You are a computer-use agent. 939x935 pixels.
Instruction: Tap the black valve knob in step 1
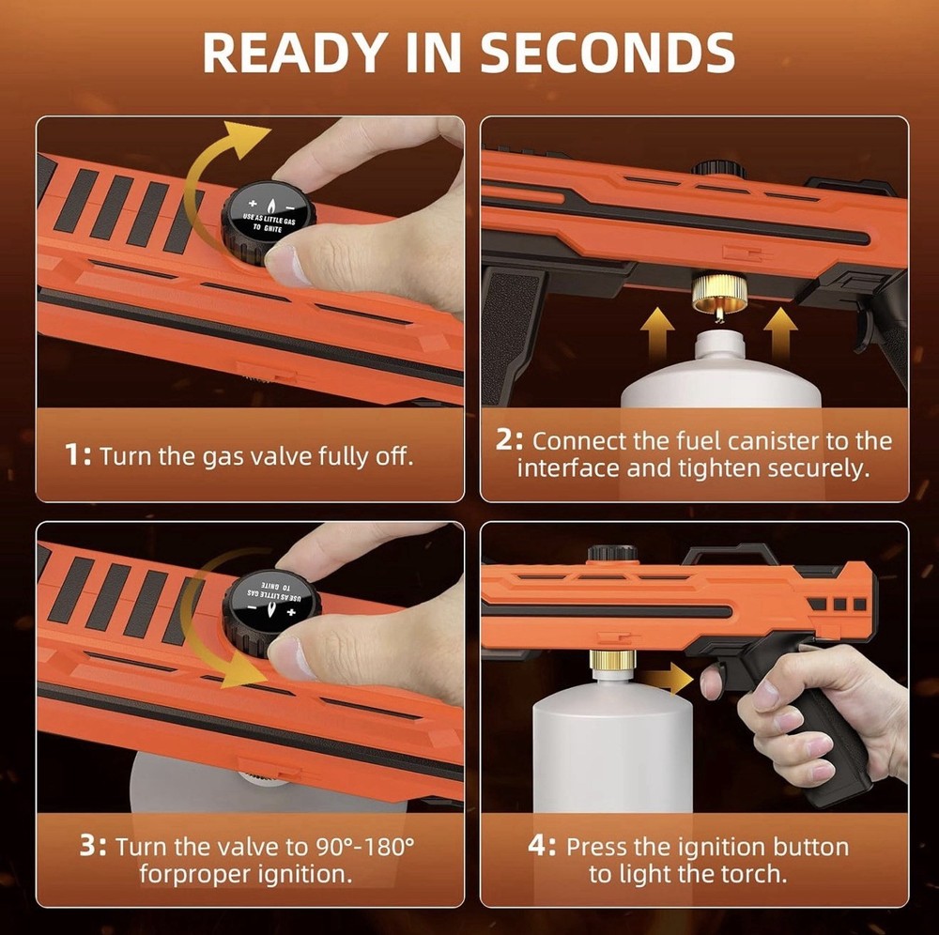click(x=268, y=216)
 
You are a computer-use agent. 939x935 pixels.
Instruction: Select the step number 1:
click(x=77, y=456)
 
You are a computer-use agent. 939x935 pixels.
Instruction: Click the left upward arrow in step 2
click(x=655, y=332)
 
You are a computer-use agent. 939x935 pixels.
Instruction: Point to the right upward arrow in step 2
click(x=779, y=332)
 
